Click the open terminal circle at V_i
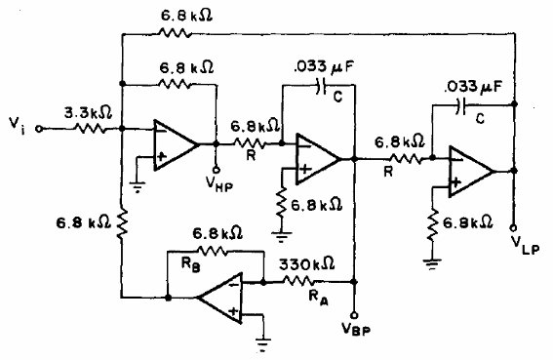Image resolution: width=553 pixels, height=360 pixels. tap(41, 126)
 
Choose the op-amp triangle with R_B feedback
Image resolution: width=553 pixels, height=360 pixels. tap(222, 297)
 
